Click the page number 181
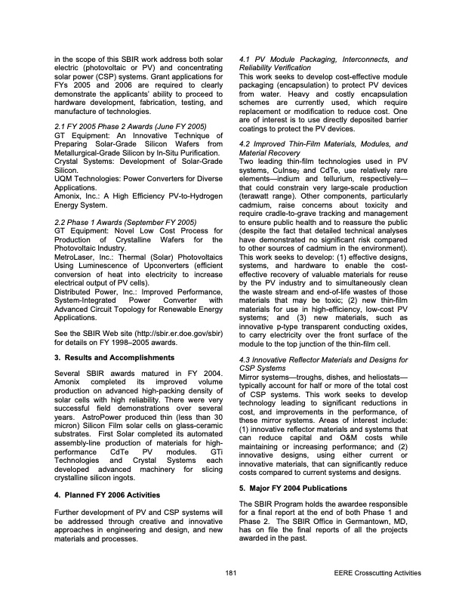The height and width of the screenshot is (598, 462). [x=230, y=573]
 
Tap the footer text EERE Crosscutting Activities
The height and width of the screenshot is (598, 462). [x=376, y=573]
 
